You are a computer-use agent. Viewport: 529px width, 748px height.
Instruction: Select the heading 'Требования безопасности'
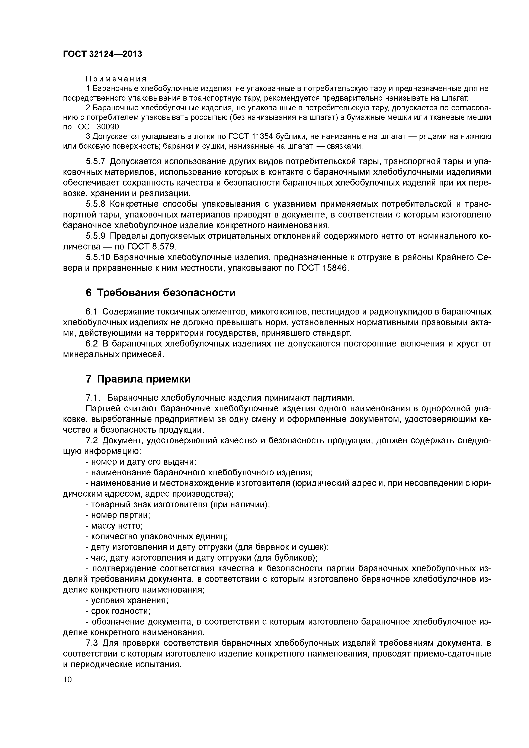tap(166, 293)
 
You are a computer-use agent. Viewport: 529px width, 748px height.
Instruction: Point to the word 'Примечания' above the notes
tap(116, 79)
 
